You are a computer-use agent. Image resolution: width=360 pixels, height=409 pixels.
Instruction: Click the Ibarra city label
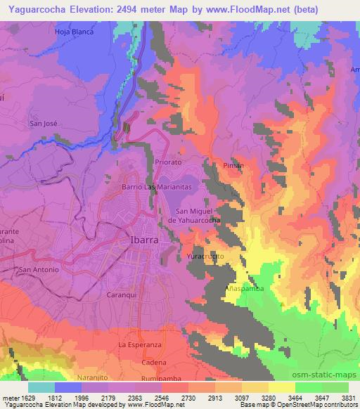coord(143,239)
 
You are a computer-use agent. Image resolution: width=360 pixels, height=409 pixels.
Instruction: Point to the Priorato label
coord(167,162)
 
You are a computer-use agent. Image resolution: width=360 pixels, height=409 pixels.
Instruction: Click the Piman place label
coord(233,166)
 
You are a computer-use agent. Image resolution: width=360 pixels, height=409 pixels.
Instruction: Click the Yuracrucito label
coord(205,257)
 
